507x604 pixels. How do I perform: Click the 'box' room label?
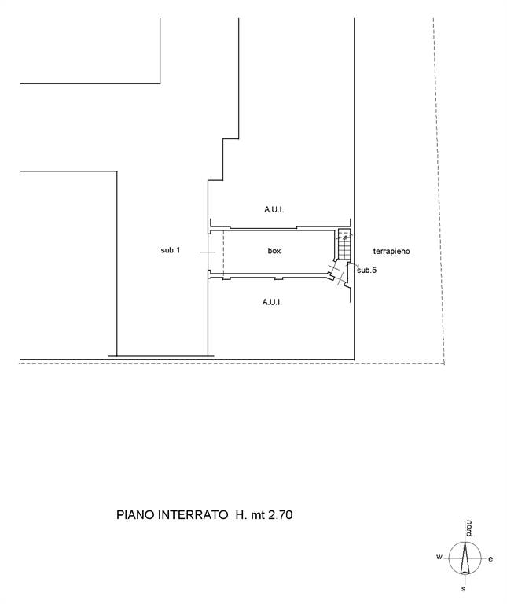(x=274, y=251)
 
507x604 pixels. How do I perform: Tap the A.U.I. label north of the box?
(x=274, y=210)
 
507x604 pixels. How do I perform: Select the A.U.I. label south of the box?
(x=272, y=303)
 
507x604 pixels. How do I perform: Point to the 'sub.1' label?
(x=171, y=250)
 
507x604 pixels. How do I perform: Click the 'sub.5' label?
(x=367, y=271)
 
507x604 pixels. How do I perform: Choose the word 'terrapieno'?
(x=391, y=252)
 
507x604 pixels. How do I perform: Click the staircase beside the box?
(x=344, y=245)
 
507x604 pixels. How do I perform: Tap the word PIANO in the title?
(x=135, y=515)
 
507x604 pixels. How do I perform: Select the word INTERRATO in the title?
(x=193, y=515)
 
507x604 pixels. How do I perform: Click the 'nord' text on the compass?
(x=469, y=528)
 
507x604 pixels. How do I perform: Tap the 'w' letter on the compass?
(x=439, y=557)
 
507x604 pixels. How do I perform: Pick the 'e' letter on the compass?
(x=490, y=559)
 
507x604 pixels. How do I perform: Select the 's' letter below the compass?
(x=464, y=588)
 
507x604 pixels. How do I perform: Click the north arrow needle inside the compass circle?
(x=465, y=558)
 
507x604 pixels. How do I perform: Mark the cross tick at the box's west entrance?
(x=208, y=252)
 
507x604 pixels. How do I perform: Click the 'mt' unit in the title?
(x=258, y=515)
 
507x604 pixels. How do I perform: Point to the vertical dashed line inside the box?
(x=223, y=252)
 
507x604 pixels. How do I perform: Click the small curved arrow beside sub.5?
(x=351, y=265)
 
